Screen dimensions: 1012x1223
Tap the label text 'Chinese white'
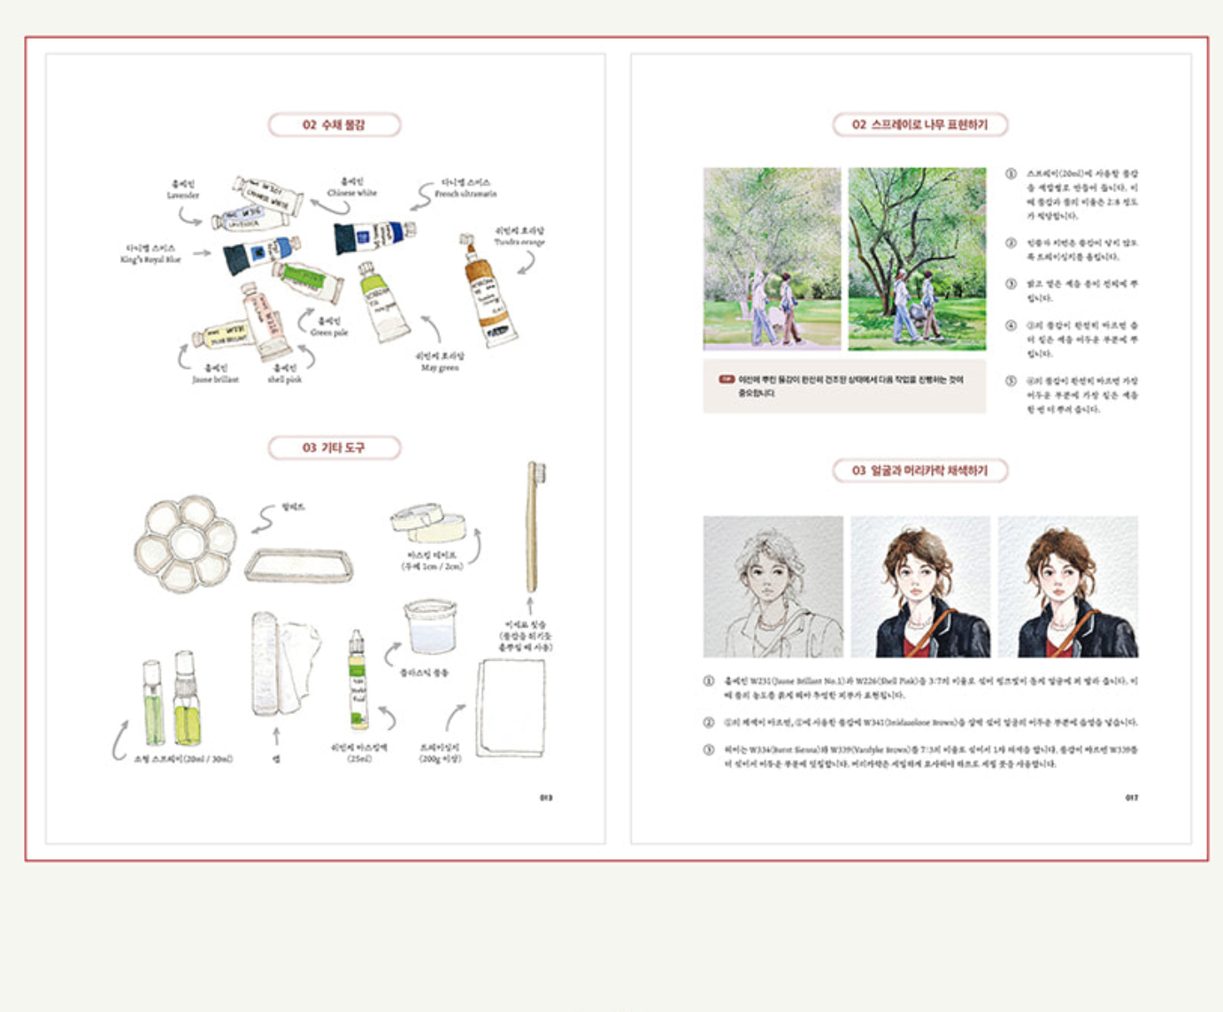(x=351, y=192)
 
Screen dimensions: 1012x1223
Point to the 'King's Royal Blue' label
(x=150, y=259)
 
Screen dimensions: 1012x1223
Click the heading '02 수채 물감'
(x=334, y=125)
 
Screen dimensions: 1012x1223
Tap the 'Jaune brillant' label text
(x=215, y=379)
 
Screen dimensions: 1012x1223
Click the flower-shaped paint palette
(x=186, y=542)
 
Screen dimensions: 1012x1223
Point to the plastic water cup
(x=430, y=625)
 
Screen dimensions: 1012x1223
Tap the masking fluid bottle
(x=358, y=680)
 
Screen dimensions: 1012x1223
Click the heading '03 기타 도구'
(x=334, y=448)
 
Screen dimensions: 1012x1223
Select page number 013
(x=546, y=798)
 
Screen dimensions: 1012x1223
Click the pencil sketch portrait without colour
(x=773, y=586)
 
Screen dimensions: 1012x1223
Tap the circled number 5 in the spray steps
(x=1011, y=381)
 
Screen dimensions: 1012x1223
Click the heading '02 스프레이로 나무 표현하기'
(x=919, y=125)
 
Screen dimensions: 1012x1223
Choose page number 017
(x=1131, y=798)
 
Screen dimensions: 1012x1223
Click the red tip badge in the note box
(x=727, y=379)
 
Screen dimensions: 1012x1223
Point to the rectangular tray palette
(x=298, y=564)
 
